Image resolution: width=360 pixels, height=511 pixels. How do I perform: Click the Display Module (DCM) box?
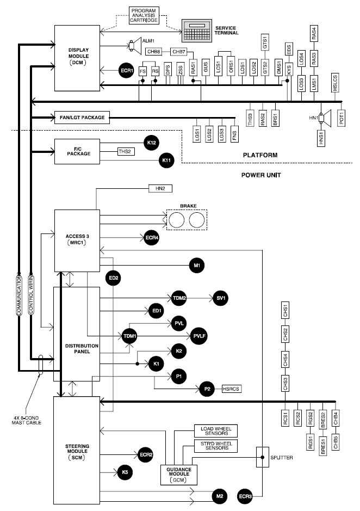tap(78, 57)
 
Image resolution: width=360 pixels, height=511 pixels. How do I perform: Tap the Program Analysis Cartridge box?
tap(144, 15)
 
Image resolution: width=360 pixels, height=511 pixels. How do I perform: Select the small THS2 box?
tap(126, 153)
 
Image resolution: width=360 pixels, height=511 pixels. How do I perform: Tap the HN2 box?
tap(160, 189)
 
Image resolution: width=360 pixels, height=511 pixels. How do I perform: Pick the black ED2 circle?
tap(113, 278)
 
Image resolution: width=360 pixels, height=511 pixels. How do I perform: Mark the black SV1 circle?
tap(221, 298)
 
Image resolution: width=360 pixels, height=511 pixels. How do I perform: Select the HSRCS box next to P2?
tap(231, 389)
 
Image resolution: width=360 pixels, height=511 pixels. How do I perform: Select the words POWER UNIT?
tap(261, 175)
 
